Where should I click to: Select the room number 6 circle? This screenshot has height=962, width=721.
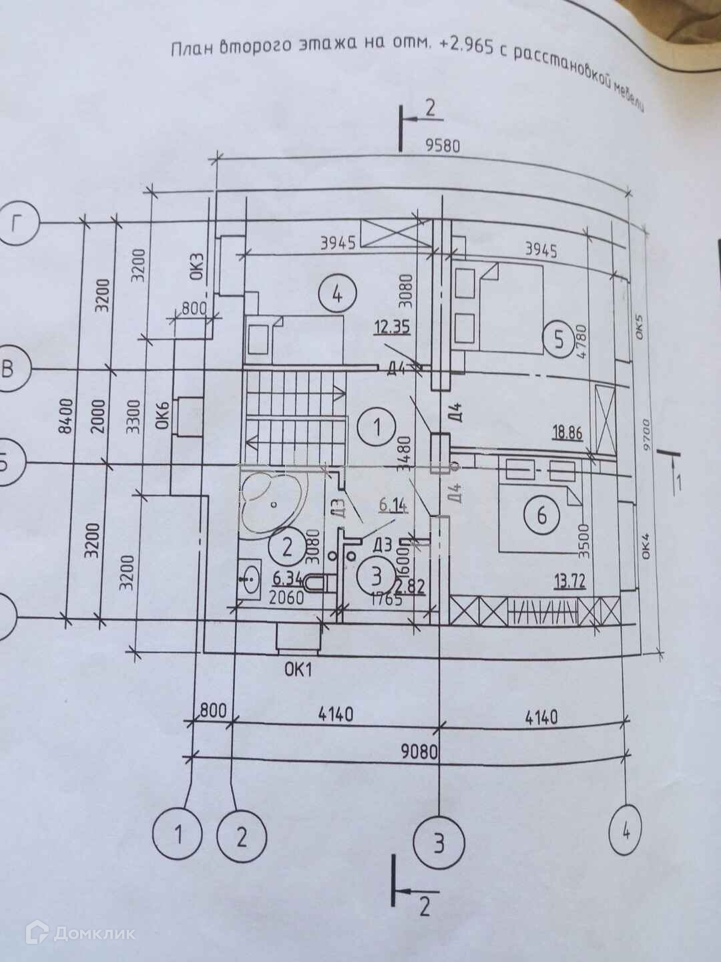pyautogui.click(x=541, y=514)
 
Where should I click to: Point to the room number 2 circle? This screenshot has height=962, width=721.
pyautogui.click(x=287, y=548)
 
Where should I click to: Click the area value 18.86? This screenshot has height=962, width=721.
pyautogui.click(x=567, y=433)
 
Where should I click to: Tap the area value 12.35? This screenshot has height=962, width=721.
pyautogui.click(x=392, y=328)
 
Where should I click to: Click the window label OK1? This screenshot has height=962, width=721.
pyautogui.click(x=298, y=670)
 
